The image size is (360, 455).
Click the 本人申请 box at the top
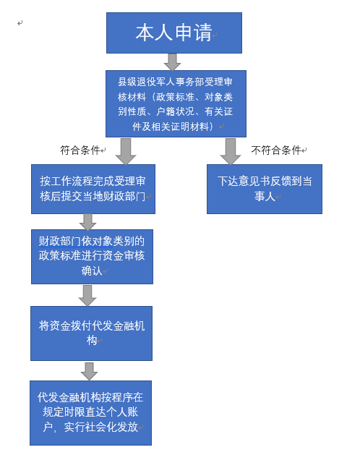(174, 33)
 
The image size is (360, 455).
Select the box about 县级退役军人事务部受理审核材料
(176, 103)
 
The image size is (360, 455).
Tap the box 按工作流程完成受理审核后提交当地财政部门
(93, 190)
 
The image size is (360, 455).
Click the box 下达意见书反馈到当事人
(265, 190)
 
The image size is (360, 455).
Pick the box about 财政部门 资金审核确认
(92, 257)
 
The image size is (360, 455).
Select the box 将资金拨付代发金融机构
(91, 333)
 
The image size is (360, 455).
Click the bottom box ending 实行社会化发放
(90, 413)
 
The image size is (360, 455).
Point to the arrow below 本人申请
(172, 61)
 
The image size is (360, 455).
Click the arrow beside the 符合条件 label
(126, 151)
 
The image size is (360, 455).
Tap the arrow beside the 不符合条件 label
(231, 151)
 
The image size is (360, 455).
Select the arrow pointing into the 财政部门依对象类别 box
(87, 222)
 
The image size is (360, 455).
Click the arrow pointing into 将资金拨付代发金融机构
(87, 295)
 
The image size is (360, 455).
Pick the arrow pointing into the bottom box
(89, 371)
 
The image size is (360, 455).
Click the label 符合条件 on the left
(80, 150)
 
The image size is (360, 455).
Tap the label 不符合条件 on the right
(276, 150)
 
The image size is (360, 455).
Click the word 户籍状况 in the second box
(175, 111)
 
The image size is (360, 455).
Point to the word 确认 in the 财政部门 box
(92, 271)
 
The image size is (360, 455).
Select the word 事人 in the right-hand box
(265, 197)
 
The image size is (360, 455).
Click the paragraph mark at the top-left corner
(20, 23)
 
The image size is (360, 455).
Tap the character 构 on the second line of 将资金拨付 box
(92, 340)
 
